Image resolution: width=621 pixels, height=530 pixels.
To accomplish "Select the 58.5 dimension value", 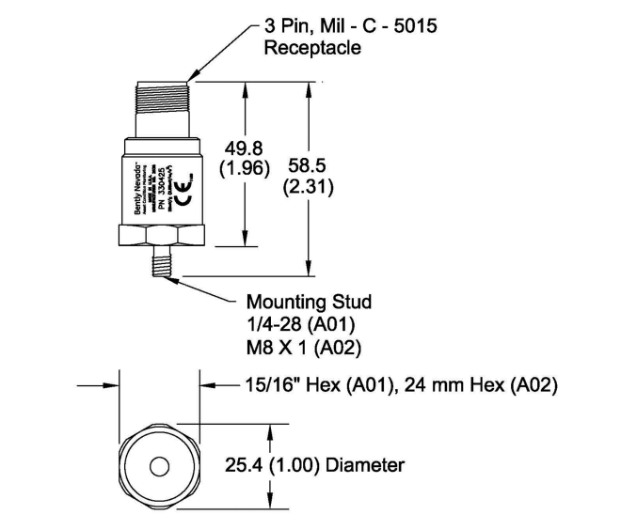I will (309, 165).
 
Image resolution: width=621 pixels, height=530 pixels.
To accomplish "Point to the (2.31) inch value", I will (309, 186).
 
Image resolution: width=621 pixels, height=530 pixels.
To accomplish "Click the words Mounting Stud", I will (309, 303).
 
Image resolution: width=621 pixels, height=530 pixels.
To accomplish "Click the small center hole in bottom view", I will (157, 464).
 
